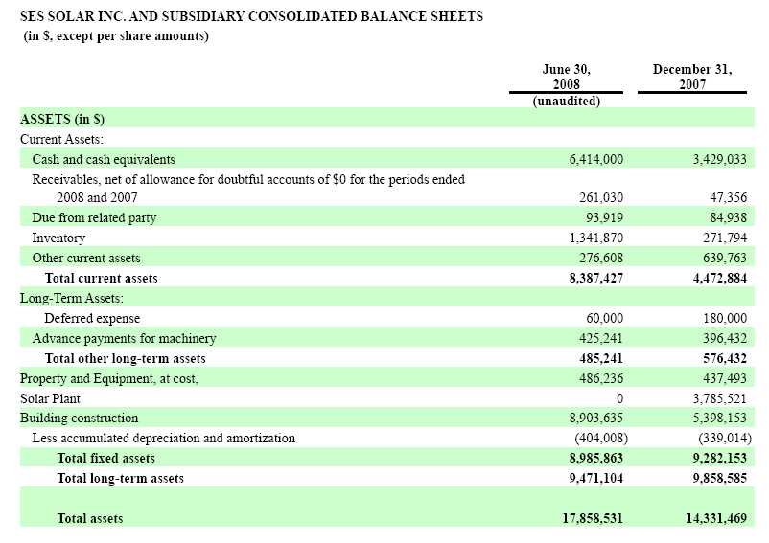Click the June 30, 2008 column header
[566, 77]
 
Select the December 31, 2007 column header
[691, 77]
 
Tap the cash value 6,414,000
[595, 159]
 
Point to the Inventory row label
[58, 238]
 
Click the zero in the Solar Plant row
[619, 398]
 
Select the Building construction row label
[80, 418]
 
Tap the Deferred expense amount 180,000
[721, 318]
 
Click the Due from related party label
[94, 217]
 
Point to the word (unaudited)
[566, 102]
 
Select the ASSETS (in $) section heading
[62, 120]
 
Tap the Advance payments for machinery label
[124, 338]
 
